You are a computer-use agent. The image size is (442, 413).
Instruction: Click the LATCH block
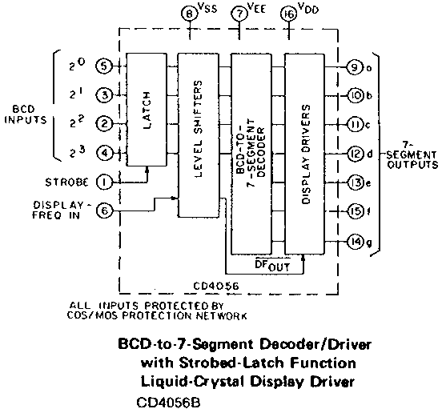pyautogui.click(x=147, y=110)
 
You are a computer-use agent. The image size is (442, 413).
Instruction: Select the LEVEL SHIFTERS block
pyautogui.click(x=199, y=135)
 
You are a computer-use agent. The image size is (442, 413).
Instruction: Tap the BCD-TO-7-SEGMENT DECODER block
pyautogui.click(x=251, y=154)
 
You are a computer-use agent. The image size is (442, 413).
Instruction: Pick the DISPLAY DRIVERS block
pyautogui.click(x=305, y=154)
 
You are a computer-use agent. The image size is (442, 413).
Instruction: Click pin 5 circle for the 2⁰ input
pyautogui.click(x=104, y=66)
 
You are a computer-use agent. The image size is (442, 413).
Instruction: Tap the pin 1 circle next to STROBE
pyautogui.click(x=104, y=182)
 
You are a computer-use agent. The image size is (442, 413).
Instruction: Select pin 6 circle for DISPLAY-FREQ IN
pyautogui.click(x=104, y=211)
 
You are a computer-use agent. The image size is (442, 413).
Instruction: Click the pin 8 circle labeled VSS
pyautogui.click(x=189, y=14)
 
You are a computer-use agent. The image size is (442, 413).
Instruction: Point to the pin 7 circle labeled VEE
pyautogui.click(x=239, y=14)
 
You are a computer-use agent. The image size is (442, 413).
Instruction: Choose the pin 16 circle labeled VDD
pyautogui.click(x=289, y=14)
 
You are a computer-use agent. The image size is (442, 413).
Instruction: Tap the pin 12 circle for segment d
pyautogui.click(x=356, y=154)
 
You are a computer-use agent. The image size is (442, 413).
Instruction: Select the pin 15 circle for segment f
pyautogui.click(x=356, y=211)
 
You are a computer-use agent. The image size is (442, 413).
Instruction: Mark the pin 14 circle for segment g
pyautogui.click(x=356, y=242)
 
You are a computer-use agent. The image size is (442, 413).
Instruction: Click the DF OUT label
pyautogui.click(x=272, y=265)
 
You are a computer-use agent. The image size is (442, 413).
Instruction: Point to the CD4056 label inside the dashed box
pyautogui.click(x=216, y=287)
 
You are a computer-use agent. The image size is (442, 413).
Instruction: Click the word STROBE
pyautogui.click(x=66, y=182)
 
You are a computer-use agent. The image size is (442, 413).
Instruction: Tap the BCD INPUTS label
pyautogui.click(x=25, y=114)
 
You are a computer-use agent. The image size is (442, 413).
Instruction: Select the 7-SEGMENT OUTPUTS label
pyautogui.click(x=412, y=155)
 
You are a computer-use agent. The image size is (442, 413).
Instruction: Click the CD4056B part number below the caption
pyautogui.click(x=168, y=403)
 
